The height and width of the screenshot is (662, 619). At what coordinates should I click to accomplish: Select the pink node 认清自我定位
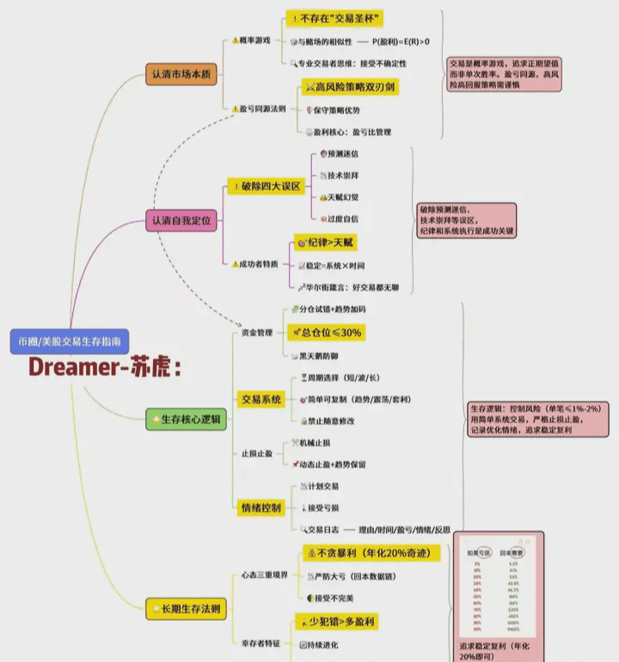coord(180,220)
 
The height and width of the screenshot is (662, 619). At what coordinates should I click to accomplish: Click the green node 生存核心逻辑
coord(185,420)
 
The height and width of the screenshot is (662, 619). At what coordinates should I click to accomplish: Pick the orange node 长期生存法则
coord(185,610)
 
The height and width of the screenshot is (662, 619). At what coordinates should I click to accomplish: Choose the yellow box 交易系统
coord(261,398)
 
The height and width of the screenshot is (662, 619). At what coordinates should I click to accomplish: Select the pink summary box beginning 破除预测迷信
coord(467,220)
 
